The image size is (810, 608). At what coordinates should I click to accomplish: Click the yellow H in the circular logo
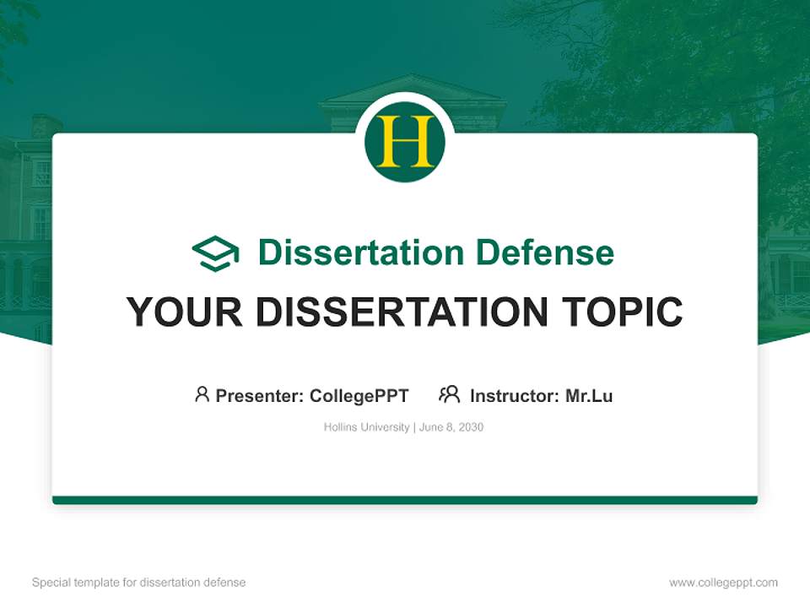coord(404,142)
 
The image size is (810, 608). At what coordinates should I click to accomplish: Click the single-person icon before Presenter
coord(202,394)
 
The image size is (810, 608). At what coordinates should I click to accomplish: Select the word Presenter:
coord(260,395)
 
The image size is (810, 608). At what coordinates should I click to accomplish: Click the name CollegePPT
coord(359,395)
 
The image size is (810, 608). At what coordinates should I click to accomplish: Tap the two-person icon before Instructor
coord(450,394)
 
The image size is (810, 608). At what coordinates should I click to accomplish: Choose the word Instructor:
coord(515,395)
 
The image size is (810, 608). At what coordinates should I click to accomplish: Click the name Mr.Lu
coord(589,395)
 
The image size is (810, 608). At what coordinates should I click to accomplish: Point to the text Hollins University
coord(366,427)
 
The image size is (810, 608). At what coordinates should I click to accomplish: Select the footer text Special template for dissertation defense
coord(139,583)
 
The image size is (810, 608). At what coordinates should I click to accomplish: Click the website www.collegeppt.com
coord(723,583)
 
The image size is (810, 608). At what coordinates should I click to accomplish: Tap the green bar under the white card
coord(405,500)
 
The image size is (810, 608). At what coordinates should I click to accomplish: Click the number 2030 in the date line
coord(471,427)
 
